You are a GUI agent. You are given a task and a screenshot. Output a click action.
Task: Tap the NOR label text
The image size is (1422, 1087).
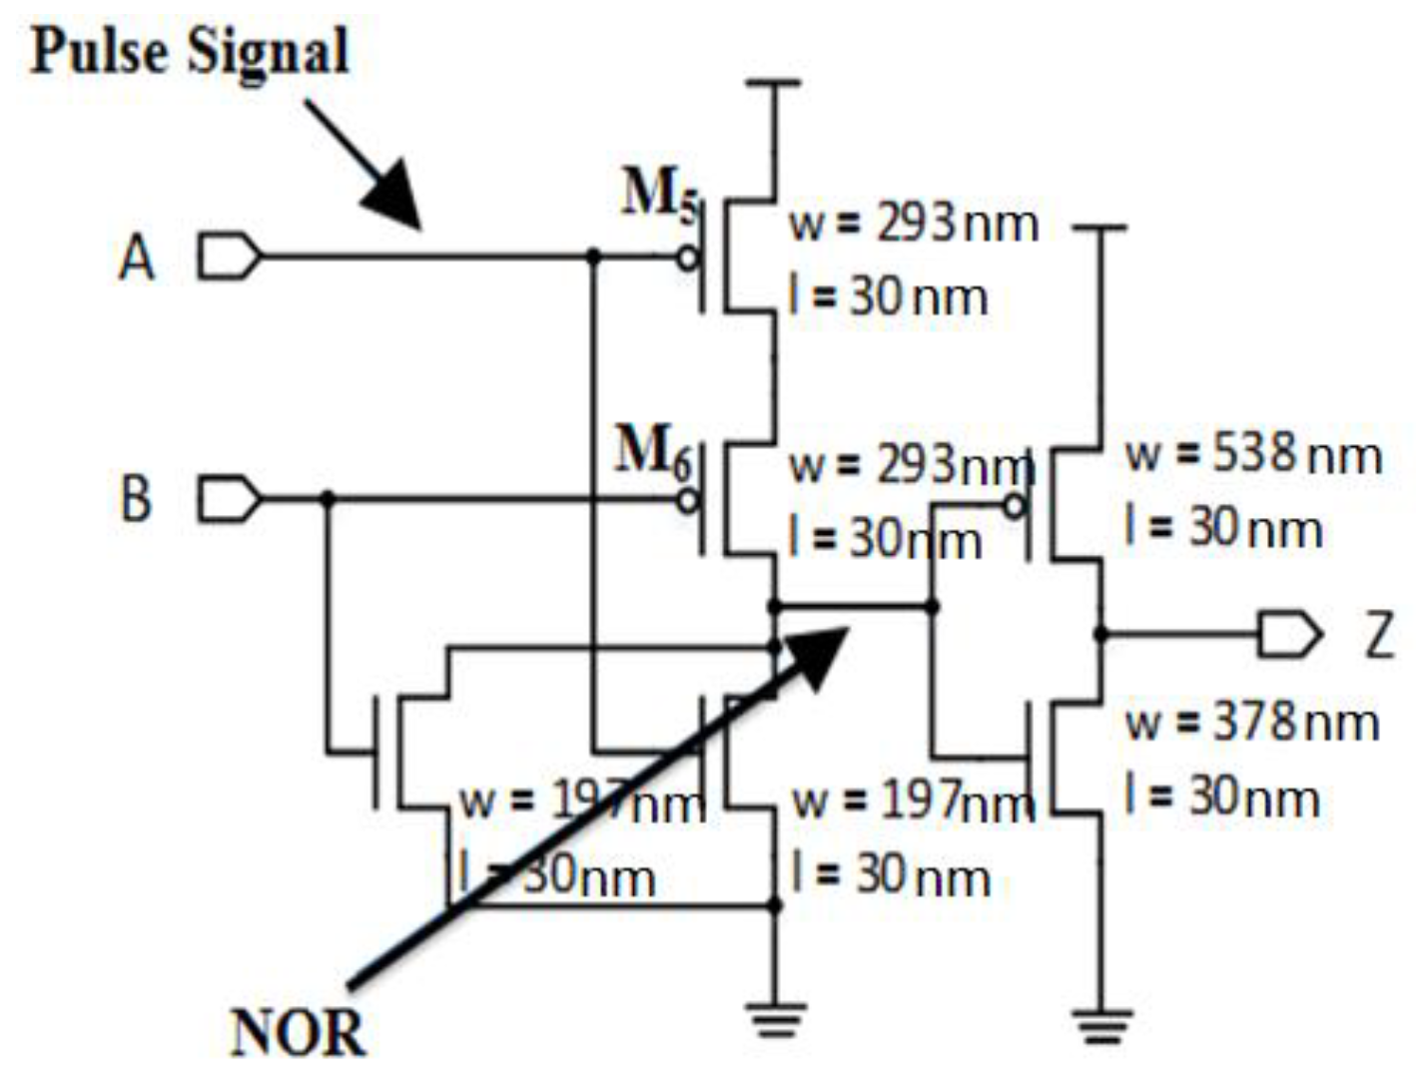pos(297,1032)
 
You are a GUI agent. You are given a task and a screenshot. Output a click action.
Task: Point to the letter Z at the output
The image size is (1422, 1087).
pos(1379,635)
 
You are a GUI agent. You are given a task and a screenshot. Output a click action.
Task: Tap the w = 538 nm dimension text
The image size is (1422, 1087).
pos(1253,454)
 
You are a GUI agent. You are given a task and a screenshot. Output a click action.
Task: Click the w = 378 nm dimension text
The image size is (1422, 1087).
pos(1252,722)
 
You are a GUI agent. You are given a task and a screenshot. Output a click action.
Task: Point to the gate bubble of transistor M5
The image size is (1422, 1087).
pos(687,258)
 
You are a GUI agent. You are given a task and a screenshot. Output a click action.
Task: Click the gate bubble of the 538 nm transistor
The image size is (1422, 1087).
pos(1015,506)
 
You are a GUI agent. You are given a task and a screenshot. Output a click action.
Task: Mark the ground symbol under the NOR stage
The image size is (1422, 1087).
pos(775,1020)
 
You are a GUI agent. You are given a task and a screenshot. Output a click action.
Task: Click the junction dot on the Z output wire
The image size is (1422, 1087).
pos(1100,633)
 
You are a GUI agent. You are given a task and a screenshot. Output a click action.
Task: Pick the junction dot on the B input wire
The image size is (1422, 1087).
pos(329,498)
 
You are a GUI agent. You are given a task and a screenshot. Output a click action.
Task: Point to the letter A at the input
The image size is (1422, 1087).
pos(137,259)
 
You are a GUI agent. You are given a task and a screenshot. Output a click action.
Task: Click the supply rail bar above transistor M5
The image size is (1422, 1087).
pos(774,84)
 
